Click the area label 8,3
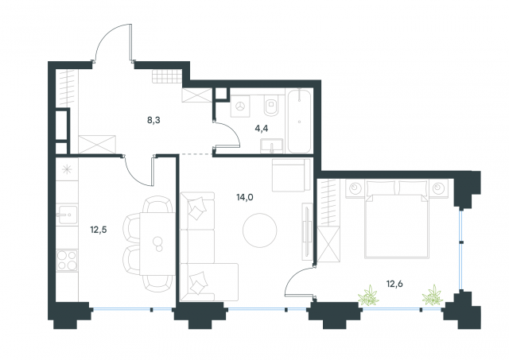pos(153,121)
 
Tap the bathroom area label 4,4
pos(262,129)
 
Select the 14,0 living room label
pos(245,197)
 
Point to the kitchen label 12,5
pos(99,230)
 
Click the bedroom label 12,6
pos(394,285)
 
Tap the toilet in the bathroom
pos(271,106)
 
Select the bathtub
pos(299,121)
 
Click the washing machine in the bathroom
pos(240,106)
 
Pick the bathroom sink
pos(272,145)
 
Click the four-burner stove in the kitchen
pos(67,261)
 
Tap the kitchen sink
pos(67,215)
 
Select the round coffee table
pos(260,230)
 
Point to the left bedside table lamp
pos(355,188)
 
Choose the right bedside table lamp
pos(439,188)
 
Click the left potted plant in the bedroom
pos(368,295)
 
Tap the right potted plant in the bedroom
pos(433,295)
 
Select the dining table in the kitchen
pos(157,243)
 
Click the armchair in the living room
pos(291,175)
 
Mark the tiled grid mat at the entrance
pos(166,76)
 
